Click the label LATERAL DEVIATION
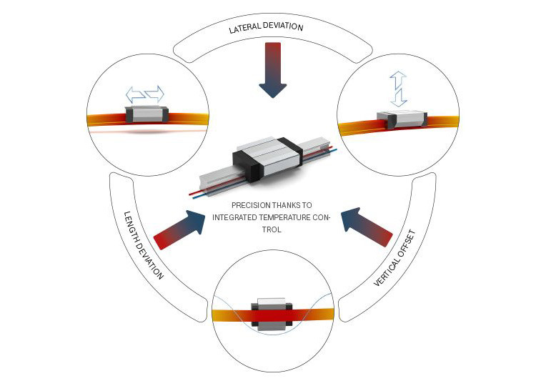pos(266,29)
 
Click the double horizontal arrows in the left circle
pos(145,94)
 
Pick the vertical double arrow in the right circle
pos(398,89)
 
